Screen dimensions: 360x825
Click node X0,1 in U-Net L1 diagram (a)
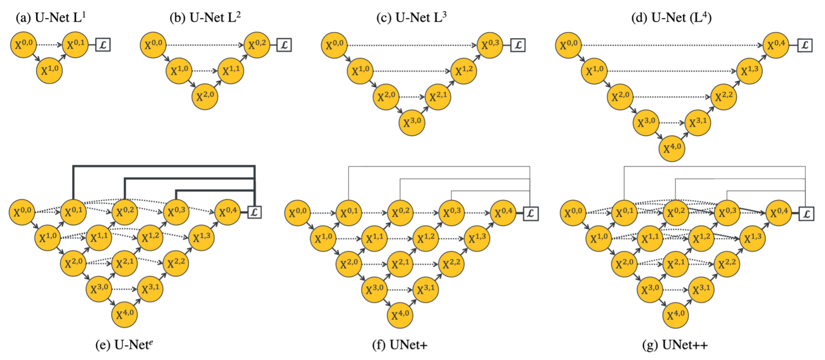[x=76, y=45]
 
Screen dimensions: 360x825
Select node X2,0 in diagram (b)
[x=205, y=97]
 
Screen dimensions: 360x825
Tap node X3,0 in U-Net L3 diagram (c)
[x=412, y=123]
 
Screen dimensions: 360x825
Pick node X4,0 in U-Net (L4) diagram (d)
[x=672, y=148]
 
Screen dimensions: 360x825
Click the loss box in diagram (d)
[x=805, y=45]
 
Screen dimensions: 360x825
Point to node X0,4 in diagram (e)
[x=228, y=212]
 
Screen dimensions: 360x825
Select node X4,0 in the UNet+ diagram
[x=400, y=315]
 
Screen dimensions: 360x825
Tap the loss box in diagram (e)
[x=254, y=212]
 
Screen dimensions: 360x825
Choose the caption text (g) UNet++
[x=675, y=345]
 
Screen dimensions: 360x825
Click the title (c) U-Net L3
[x=411, y=18]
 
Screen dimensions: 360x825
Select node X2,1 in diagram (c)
[x=438, y=97]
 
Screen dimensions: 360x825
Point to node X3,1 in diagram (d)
[x=698, y=122]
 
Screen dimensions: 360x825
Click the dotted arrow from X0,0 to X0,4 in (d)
[x=671, y=45]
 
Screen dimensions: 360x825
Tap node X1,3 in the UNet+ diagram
[x=477, y=238]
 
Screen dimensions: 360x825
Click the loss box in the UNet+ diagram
[x=530, y=214]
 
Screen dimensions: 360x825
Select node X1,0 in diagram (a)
[x=50, y=71]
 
